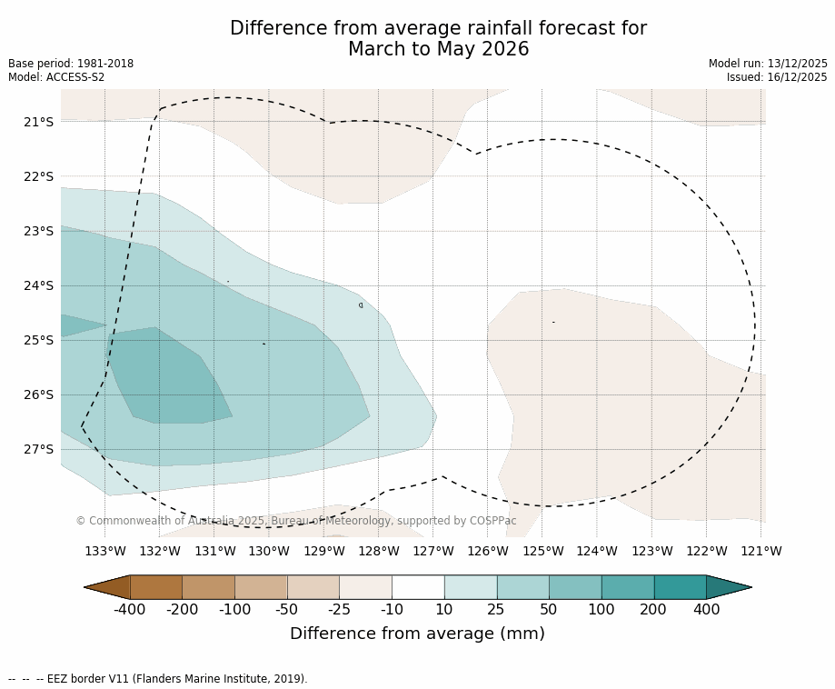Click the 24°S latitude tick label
pyautogui.click(x=39, y=285)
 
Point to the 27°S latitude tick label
pyautogui.click(x=39, y=449)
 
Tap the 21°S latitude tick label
pyautogui.click(x=39, y=122)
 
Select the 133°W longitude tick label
pyautogui.click(x=105, y=551)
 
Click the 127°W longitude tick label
pyautogui.click(x=433, y=551)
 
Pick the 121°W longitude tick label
pyautogui.click(x=761, y=551)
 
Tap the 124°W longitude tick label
pyautogui.click(x=597, y=551)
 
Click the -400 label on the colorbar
pyautogui.click(x=130, y=609)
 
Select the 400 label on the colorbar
pyautogui.click(x=706, y=609)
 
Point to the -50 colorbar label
pyautogui.click(x=287, y=609)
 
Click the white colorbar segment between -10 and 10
pyautogui.click(x=418, y=587)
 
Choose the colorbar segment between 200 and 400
pyautogui.click(x=680, y=587)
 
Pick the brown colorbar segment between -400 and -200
pyautogui.click(x=156, y=587)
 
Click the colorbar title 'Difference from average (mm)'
pyautogui.click(x=417, y=634)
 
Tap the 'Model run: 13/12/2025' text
pyautogui.click(x=768, y=64)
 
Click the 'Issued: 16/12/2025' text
pyautogui.click(x=777, y=77)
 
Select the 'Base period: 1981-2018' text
pyautogui.click(x=71, y=64)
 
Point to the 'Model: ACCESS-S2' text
pyautogui.click(x=56, y=77)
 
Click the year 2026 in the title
pyautogui.click(x=505, y=49)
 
